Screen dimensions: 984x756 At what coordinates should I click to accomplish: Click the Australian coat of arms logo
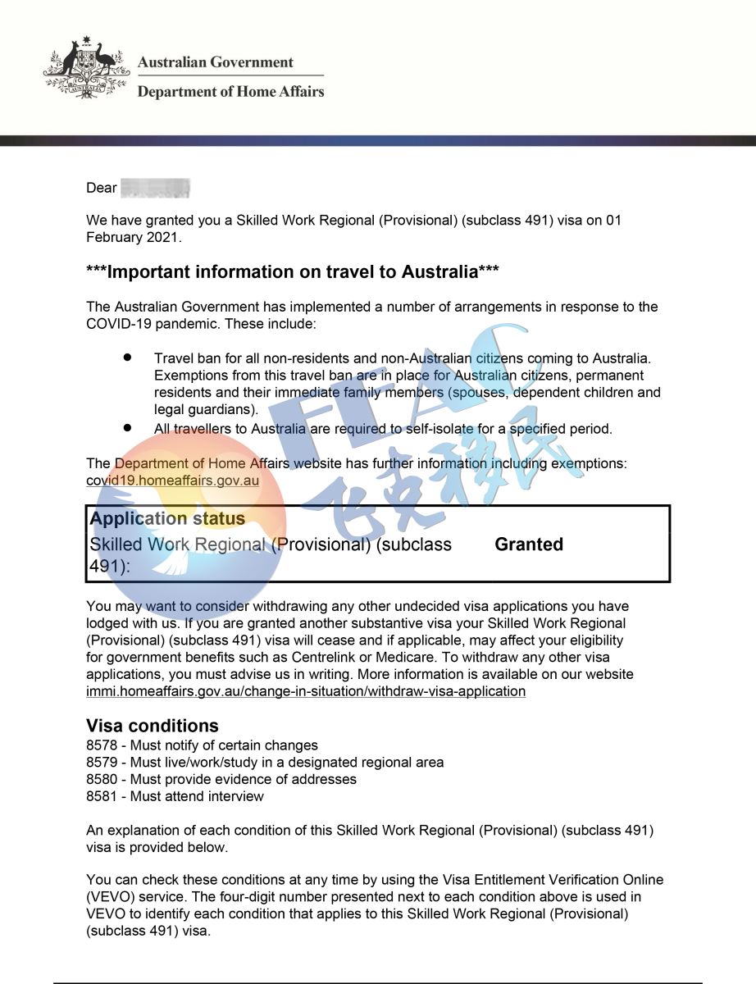tap(86, 68)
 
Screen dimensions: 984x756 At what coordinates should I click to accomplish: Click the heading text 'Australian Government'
tap(216, 62)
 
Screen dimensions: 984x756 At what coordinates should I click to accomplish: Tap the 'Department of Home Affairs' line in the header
tap(230, 92)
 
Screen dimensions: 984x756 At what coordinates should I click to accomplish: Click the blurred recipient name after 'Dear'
tap(155, 188)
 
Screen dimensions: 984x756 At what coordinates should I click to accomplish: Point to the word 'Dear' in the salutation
tap(102, 188)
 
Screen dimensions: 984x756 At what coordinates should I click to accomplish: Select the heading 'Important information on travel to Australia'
tap(293, 271)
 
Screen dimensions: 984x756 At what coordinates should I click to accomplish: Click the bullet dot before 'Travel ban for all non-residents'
tap(127, 358)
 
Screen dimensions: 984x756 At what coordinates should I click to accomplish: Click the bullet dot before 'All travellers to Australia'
tap(127, 428)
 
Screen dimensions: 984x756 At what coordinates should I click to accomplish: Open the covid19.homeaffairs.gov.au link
tap(172, 481)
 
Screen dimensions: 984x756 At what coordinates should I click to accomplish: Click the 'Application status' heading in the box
tap(167, 519)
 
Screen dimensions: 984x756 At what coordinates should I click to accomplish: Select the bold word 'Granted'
tap(529, 544)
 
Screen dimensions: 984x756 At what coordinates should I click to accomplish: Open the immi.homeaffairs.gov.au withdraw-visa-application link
tap(306, 691)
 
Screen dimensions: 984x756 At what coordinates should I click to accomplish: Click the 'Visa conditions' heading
tap(153, 726)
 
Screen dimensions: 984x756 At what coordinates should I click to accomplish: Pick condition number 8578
tap(101, 745)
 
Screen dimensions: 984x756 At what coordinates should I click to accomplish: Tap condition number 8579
tap(101, 763)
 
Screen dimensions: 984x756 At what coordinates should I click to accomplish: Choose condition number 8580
tap(101, 779)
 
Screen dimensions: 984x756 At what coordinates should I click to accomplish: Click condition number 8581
tap(101, 796)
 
